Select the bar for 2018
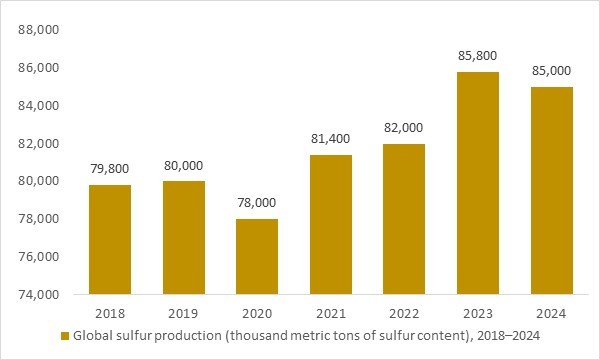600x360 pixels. (x=111, y=240)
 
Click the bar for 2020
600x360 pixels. (x=258, y=257)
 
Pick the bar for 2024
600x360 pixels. (x=551, y=191)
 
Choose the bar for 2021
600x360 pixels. (x=331, y=225)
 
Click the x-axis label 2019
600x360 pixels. (x=184, y=311)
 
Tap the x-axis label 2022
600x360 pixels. (x=404, y=311)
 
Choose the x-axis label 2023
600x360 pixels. (x=478, y=311)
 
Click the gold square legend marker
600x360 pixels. (x=65, y=335)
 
